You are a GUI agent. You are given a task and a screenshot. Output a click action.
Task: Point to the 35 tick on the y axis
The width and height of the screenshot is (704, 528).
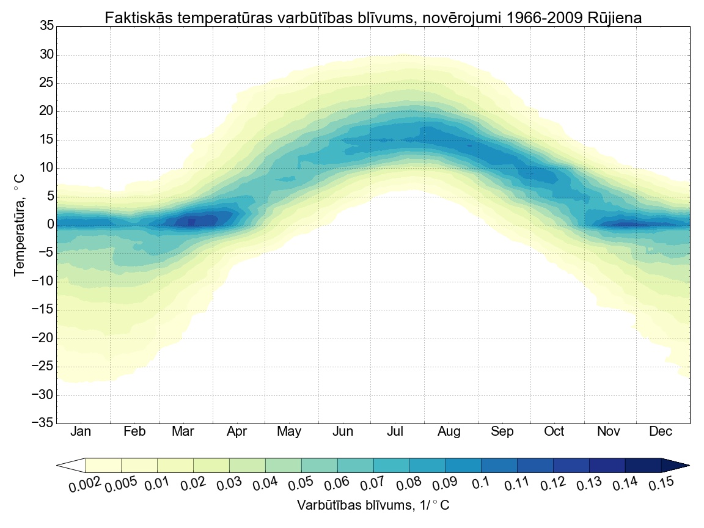click(46, 26)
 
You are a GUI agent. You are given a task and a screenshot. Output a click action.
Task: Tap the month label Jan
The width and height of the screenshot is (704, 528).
click(81, 432)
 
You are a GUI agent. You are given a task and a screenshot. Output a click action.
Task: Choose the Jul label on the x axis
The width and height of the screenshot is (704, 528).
click(395, 432)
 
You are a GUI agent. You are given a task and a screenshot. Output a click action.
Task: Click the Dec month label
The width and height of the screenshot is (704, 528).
click(661, 432)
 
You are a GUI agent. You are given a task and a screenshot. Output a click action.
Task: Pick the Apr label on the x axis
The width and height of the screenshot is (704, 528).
click(237, 432)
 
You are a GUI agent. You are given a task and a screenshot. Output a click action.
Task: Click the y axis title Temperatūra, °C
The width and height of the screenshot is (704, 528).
click(20, 225)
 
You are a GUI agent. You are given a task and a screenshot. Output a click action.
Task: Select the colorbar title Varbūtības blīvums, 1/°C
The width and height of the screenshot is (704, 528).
click(373, 506)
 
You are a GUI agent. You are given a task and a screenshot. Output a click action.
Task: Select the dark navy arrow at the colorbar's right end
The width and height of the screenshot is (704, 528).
click(676, 466)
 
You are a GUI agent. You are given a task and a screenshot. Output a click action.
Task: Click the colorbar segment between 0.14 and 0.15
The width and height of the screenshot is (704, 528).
click(643, 466)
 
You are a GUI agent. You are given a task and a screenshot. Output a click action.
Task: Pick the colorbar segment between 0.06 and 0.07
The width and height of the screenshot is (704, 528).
click(356, 466)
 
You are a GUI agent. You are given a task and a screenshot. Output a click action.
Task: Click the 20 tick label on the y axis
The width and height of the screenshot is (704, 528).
click(46, 111)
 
